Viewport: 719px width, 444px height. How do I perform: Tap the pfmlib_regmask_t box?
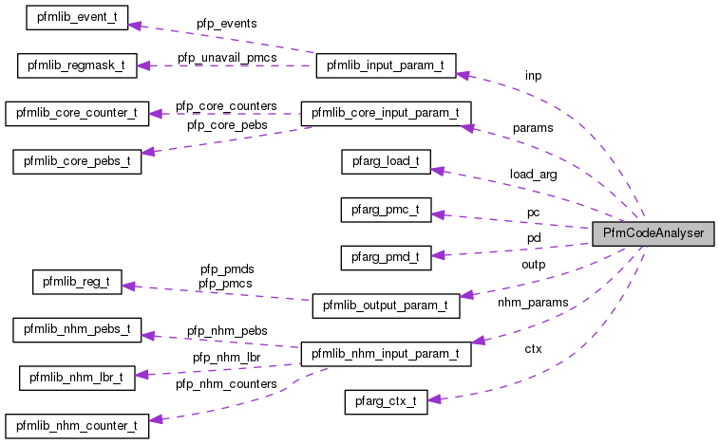coord(77,66)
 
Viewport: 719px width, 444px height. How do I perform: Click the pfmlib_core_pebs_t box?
coord(77,160)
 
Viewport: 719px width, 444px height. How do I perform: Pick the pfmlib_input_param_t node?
coord(386,66)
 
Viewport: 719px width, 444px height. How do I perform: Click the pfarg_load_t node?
coord(386,160)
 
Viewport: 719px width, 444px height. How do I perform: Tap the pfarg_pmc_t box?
coord(386,208)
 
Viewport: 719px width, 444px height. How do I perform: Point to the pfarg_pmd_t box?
coord(386,255)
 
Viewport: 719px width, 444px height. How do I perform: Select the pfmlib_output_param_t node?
coord(386,305)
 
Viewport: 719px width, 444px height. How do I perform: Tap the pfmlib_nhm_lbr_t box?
coord(77,377)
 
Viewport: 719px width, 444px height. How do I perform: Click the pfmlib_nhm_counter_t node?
coord(77,424)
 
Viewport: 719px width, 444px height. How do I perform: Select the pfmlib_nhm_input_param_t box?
coord(386,354)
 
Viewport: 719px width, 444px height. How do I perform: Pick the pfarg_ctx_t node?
coord(386,401)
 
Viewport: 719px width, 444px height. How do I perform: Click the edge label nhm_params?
coord(533,303)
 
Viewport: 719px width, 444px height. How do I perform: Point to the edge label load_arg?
coord(533,175)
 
